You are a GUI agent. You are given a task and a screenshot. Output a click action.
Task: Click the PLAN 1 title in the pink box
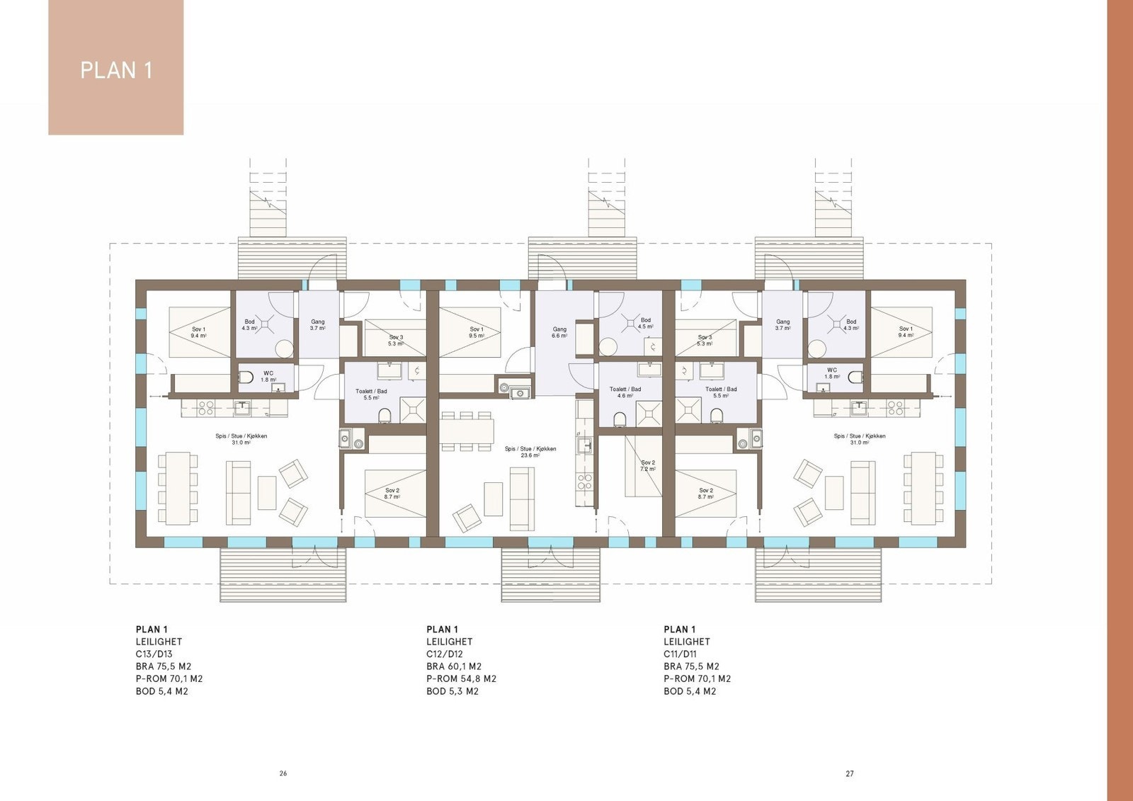point(116,70)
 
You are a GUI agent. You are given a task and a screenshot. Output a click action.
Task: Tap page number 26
point(283,773)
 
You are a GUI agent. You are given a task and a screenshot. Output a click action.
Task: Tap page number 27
point(850,773)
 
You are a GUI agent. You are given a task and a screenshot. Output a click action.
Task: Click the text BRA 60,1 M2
point(454,666)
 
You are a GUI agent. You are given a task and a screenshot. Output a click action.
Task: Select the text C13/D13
point(154,654)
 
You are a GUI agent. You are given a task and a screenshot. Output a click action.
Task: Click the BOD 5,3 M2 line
point(452,691)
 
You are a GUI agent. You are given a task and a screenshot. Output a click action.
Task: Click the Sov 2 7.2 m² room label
point(648,465)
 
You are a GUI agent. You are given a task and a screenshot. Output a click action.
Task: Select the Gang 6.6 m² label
point(559,332)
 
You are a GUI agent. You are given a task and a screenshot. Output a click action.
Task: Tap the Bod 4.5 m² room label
point(645,323)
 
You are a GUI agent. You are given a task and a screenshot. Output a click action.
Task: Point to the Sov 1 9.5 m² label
point(477,332)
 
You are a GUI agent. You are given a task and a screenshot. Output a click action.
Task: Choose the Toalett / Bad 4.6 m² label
point(625,392)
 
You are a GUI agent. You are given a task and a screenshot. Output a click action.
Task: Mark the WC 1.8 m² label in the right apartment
point(832,373)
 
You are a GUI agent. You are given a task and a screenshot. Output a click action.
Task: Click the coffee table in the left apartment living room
point(267,492)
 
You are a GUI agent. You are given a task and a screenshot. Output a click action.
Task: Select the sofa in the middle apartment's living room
point(522,499)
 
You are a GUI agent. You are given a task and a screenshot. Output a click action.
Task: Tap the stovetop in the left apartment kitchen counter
point(205,407)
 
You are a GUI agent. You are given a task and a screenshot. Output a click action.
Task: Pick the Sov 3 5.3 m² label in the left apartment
point(396,340)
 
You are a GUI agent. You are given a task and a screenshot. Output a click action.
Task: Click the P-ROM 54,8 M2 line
point(461,678)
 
